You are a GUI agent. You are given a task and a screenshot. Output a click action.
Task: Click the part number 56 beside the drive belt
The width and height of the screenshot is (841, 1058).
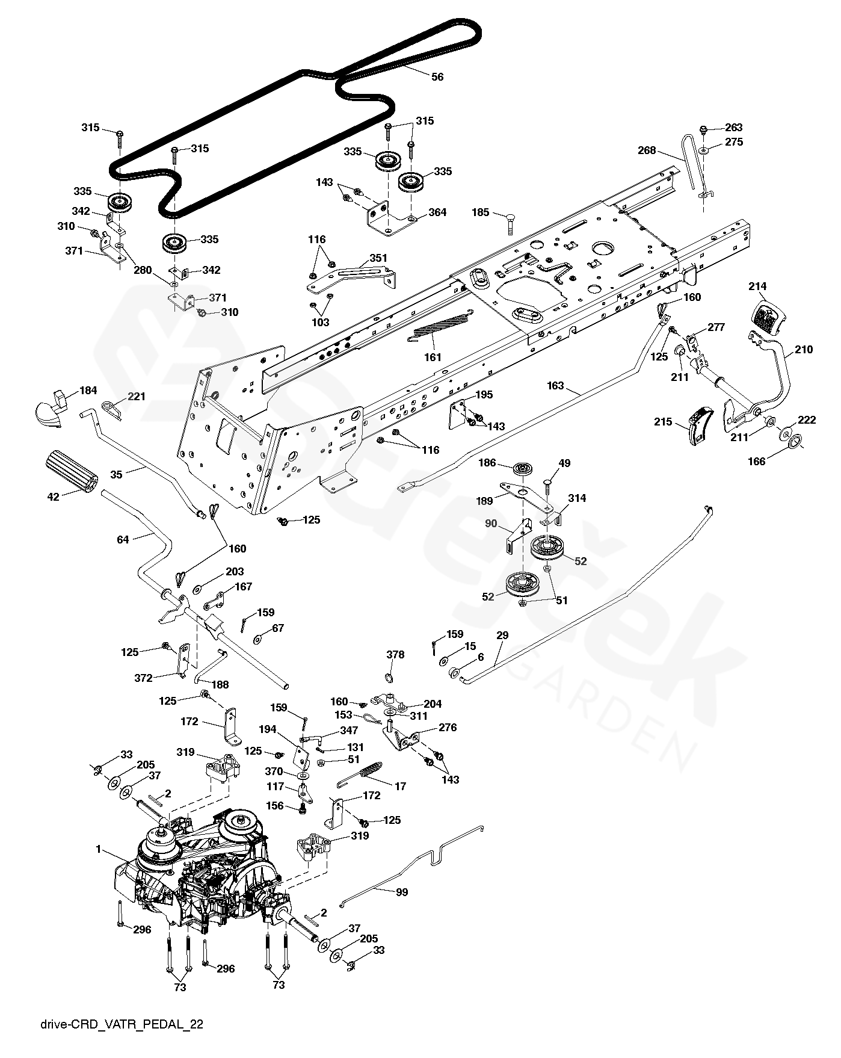[x=438, y=77]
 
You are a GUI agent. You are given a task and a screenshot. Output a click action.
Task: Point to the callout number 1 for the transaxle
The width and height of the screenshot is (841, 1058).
[x=98, y=849]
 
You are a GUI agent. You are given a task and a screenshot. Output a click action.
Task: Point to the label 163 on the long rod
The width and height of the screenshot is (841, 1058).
[x=555, y=386]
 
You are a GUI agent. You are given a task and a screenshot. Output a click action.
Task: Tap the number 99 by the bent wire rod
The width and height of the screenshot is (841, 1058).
[x=401, y=892]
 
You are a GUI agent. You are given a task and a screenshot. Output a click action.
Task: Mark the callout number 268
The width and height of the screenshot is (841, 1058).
[x=647, y=151]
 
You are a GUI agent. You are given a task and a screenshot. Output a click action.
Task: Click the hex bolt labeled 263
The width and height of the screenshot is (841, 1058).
[x=704, y=128]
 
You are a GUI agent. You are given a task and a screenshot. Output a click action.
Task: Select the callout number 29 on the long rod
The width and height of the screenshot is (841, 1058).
[x=502, y=636]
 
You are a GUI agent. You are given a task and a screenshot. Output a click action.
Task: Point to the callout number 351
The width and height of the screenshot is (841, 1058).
[x=378, y=258]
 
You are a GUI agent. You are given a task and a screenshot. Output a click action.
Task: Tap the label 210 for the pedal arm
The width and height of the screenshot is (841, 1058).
[x=804, y=350]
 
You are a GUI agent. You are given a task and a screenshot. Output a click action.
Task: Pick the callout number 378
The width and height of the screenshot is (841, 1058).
[x=395, y=655]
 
